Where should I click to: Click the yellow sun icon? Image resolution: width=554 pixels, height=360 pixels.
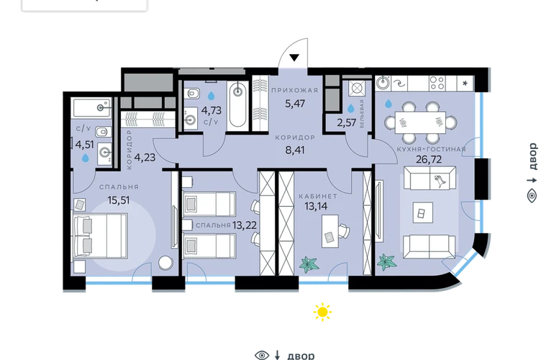322,312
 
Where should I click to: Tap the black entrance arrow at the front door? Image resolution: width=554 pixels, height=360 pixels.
294,58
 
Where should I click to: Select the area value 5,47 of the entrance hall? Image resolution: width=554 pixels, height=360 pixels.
295,104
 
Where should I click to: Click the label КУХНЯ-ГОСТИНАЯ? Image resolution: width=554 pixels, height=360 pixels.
431,149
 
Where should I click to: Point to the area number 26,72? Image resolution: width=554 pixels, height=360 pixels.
429,160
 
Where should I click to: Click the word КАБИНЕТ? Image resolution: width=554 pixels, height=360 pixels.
318,196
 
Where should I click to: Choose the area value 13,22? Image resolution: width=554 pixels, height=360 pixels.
245,225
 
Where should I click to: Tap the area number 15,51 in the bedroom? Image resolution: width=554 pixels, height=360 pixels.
119,200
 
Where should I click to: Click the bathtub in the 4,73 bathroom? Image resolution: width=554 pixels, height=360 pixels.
238,104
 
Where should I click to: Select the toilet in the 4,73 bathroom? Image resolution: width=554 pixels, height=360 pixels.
193,94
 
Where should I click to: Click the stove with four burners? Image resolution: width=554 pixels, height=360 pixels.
437,84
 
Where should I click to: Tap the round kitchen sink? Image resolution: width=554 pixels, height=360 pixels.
382,83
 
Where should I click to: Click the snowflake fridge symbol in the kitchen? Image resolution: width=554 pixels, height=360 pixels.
465,84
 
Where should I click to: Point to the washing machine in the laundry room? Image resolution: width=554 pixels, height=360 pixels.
356,88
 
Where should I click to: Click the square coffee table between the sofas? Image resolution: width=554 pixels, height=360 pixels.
422,212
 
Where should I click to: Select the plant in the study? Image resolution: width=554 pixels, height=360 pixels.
309,264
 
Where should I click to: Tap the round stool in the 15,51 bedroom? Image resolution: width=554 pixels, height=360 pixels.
165,263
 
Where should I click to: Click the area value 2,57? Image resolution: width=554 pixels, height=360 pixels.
346,123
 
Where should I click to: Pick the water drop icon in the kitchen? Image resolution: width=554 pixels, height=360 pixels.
389,104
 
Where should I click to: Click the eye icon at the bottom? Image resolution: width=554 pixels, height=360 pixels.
262,355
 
